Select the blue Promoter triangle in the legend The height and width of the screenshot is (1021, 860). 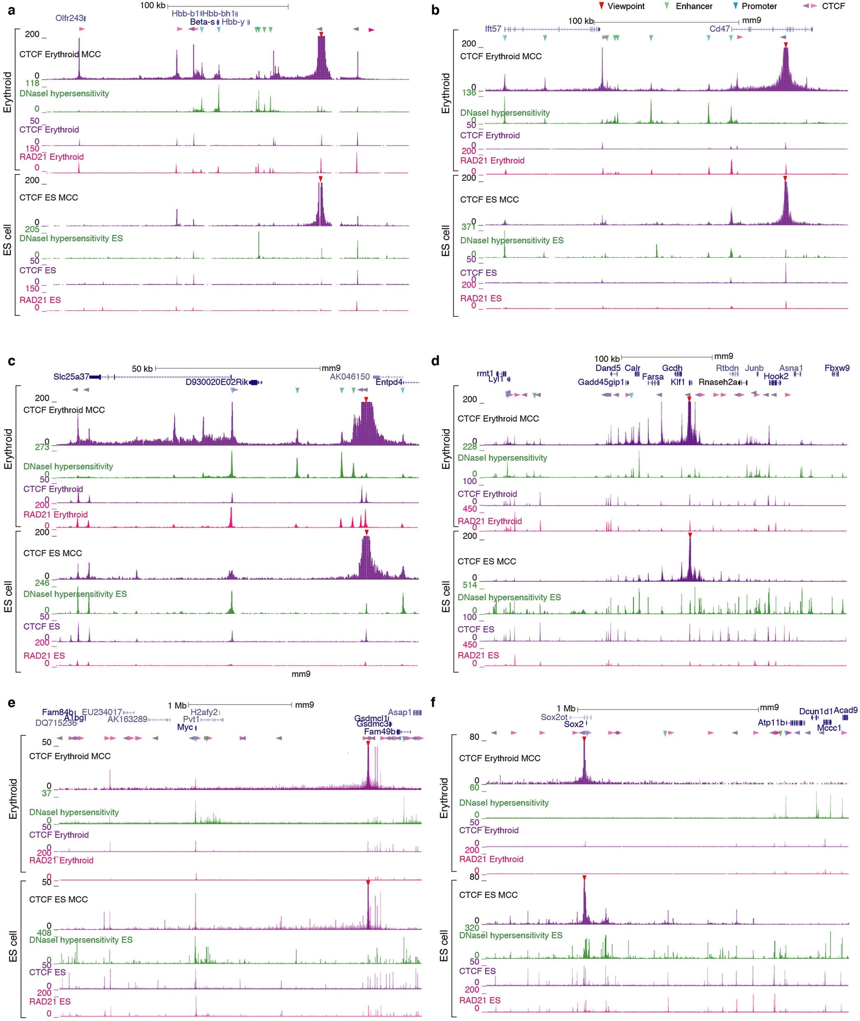coord(735,6)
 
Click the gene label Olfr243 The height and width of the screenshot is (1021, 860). coord(69,18)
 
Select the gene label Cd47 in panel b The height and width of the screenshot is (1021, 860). coord(719,29)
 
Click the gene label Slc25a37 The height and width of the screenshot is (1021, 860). coord(71,377)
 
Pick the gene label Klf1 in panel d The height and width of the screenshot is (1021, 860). coord(678,382)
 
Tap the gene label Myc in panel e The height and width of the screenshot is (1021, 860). coord(185,727)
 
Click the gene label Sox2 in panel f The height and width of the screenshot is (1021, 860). coord(574,724)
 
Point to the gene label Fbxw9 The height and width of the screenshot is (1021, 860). coord(837,368)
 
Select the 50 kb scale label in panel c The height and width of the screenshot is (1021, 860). coord(142,369)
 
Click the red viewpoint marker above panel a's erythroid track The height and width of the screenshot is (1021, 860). coord(321,34)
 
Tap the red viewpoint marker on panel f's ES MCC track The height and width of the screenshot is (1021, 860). coord(584,878)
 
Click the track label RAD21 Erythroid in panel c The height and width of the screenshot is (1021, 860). coord(56,514)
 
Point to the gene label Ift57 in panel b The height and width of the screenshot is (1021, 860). coord(493,29)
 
